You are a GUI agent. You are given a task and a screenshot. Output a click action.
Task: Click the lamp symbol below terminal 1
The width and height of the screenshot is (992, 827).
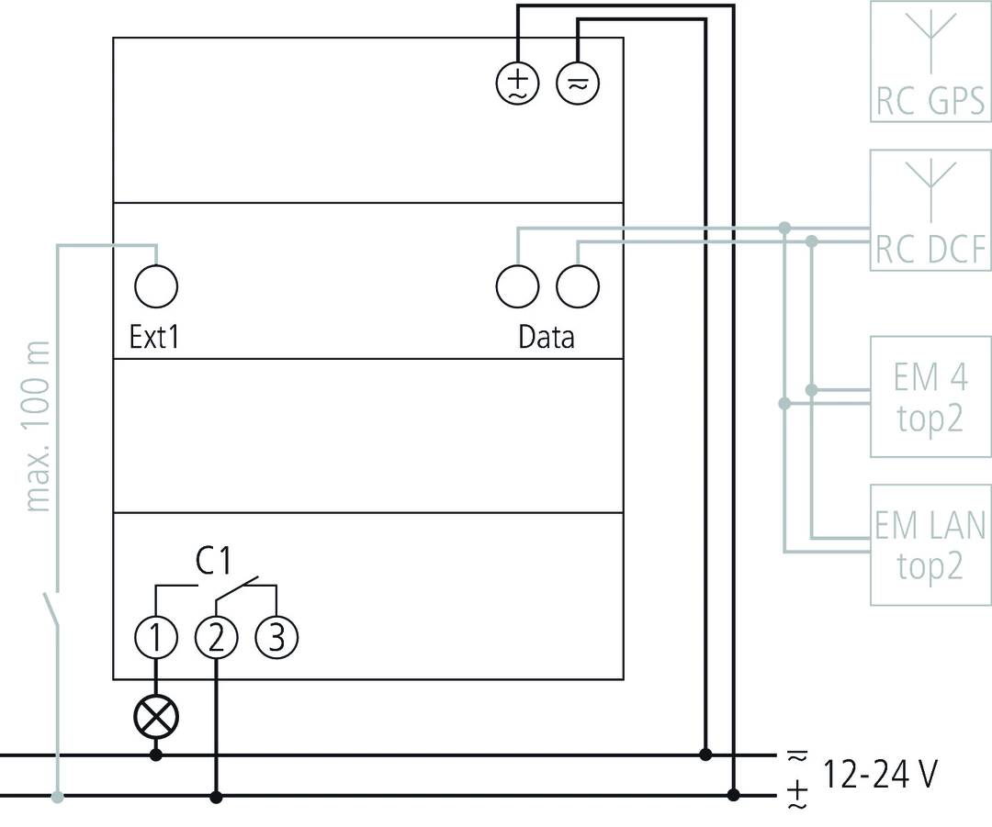coord(156,716)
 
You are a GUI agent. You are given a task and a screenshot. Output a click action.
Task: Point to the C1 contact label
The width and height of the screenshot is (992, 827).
coord(213,562)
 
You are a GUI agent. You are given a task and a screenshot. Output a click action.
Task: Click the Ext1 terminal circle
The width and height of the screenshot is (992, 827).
coord(156,286)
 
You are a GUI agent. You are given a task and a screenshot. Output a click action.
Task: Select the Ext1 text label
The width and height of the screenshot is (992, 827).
coord(154,337)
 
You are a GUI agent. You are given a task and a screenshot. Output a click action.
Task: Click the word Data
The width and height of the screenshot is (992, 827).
coord(546,337)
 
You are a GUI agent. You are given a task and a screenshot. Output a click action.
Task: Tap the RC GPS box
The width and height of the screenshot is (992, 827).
coord(930,61)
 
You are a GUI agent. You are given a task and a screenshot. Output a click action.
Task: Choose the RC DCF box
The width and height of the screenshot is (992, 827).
coord(930,210)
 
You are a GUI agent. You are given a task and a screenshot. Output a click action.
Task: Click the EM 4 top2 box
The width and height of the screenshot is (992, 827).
coord(930,397)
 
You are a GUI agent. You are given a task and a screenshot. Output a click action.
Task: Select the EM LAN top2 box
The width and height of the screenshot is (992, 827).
coord(930,544)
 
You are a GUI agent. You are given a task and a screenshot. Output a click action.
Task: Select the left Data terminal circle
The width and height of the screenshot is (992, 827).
coord(517,286)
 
